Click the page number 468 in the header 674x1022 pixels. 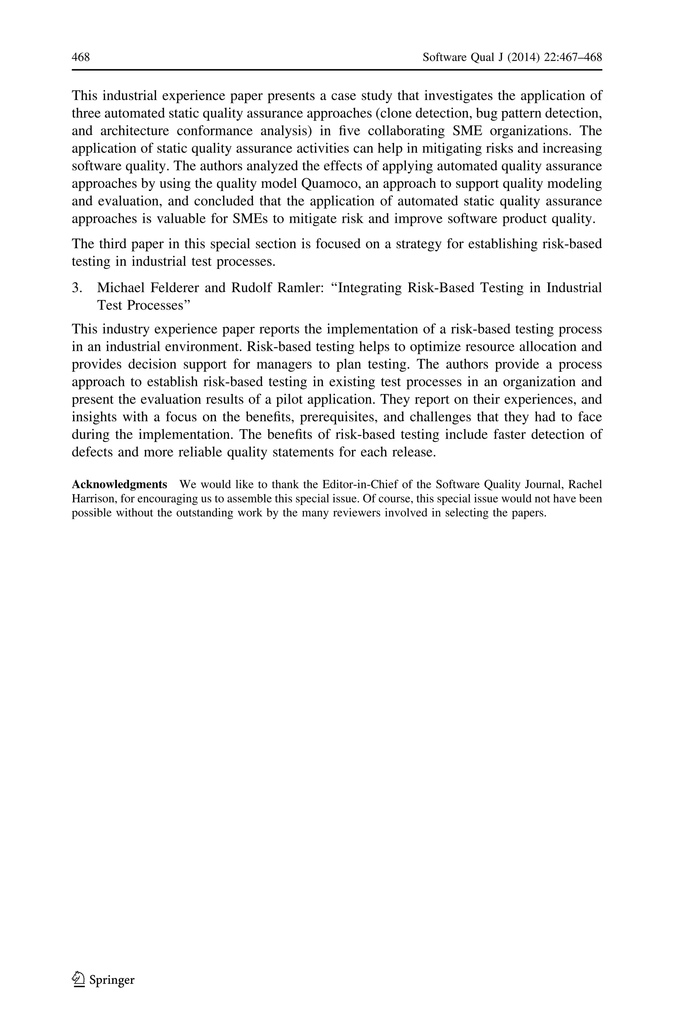tap(81, 57)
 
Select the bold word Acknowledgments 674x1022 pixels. tap(119, 485)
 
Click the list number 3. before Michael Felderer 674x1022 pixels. tap(77, 288)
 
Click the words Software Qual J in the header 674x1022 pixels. tap(462, 57)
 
